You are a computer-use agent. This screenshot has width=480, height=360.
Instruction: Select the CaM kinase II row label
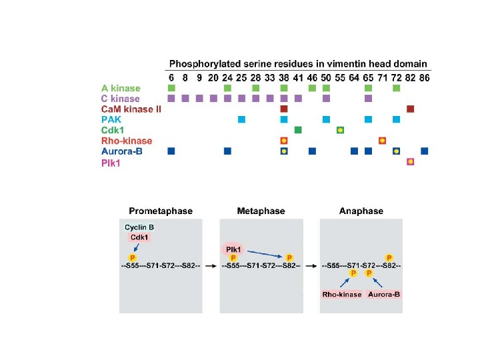(131, 109)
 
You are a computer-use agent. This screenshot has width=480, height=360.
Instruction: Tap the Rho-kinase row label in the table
(127, 141)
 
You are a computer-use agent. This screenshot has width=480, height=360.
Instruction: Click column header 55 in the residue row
(340, 77)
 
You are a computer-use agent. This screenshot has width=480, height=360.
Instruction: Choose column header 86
(425, 77)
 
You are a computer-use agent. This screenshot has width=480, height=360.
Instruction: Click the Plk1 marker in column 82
(411, 161)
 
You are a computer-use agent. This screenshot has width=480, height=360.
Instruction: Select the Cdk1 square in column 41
(298, 129)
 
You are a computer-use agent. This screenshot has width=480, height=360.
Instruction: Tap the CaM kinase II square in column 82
(411, 109)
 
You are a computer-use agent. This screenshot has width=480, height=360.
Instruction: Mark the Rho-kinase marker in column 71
(382, 141)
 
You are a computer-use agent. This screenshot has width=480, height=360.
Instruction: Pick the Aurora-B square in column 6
(171, 151)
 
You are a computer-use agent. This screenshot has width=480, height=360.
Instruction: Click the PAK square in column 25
(241, 119)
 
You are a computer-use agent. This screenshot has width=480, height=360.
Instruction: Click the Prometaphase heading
(160, 211)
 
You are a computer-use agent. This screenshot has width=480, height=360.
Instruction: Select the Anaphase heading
(361, 211)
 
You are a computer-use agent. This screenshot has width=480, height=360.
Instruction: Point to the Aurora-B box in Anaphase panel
(387, 294)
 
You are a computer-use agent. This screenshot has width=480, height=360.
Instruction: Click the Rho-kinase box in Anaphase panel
(341, 294)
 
